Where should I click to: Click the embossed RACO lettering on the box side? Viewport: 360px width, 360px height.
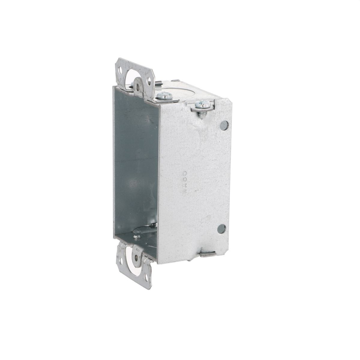(x=184, y=183)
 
